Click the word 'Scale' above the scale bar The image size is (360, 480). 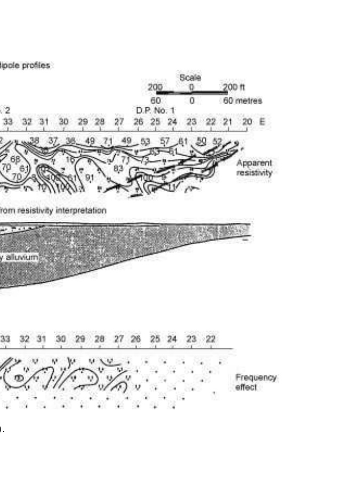click(190, 78)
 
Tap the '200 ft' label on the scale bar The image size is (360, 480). click(234, 87)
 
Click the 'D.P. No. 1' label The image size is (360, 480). click(155, 110)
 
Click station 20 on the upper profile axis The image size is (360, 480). click(246, 122)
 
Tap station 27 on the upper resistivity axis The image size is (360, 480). click(119, 122)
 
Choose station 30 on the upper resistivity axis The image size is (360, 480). click(63, 122)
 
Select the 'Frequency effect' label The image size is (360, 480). click(256, 382)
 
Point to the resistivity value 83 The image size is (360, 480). click(119, 168)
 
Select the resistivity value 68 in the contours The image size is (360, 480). click(15, 159)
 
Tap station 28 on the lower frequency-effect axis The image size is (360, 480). click(99, 339)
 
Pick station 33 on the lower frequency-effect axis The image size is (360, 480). click(5, 339)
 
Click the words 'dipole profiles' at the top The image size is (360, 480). click(26, 66)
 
